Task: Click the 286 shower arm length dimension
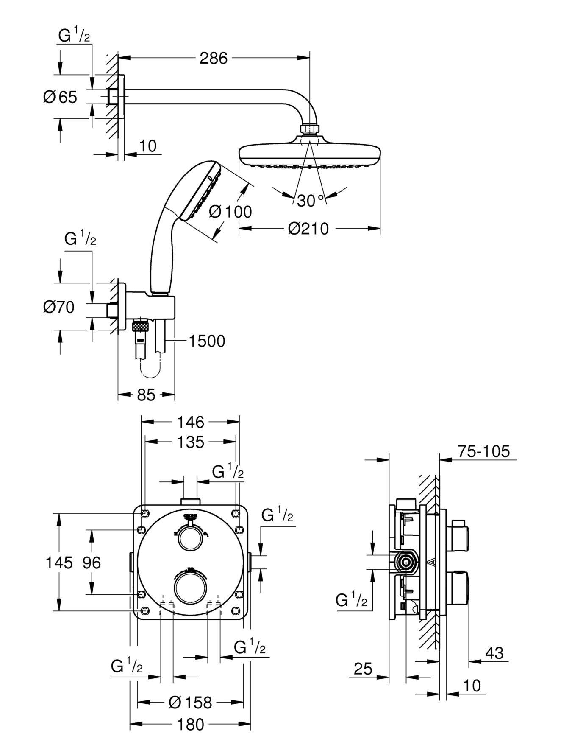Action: [214, 58]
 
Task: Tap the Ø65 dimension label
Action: [60, 97]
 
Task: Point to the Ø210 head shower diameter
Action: [308, 229]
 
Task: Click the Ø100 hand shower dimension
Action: [231, 211]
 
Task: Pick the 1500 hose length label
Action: [206, 341]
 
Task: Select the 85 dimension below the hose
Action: [146, 395]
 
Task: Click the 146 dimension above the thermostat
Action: [191, 422]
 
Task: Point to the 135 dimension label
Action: [191, 442]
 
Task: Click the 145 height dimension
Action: [59, 563]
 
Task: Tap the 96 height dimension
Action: [92, 563]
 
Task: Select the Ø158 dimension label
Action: [190, 703]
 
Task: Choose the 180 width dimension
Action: [191, 725]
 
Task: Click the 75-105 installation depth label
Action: [483, 451]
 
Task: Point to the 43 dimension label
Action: [494, 653]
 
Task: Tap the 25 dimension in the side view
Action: [363, 669]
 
